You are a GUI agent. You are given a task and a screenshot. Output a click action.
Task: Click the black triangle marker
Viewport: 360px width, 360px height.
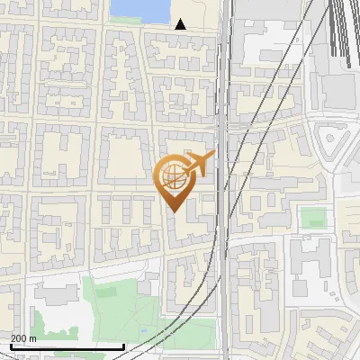181,24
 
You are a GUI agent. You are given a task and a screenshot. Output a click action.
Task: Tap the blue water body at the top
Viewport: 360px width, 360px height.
139,10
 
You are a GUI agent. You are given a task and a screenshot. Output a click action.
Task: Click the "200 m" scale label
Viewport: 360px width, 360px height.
23,337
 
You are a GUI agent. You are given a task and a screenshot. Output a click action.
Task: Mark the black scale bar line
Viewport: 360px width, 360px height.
67,346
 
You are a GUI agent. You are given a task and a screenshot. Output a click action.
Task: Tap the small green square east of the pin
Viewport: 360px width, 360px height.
312,217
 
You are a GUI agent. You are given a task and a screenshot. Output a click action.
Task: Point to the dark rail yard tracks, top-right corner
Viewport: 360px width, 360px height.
342,27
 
